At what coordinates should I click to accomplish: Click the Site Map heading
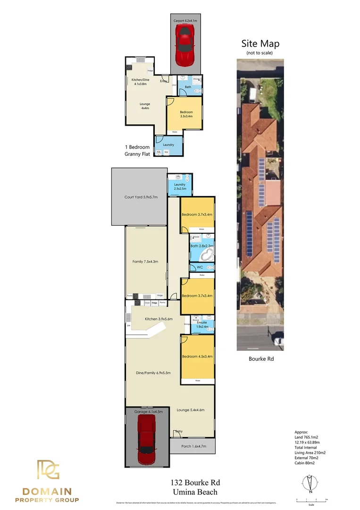260,43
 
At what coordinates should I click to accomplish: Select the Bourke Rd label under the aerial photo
261,359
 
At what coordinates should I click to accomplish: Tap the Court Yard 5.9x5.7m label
141,197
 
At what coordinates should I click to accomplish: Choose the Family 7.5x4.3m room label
145,262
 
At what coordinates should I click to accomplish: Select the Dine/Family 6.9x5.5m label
153,373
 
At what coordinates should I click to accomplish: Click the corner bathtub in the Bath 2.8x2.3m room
207,255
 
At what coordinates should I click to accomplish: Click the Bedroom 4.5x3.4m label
198,357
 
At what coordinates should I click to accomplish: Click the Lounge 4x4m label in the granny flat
145,106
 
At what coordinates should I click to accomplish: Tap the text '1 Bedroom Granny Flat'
137,150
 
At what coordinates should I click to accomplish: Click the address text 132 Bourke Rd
195,483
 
